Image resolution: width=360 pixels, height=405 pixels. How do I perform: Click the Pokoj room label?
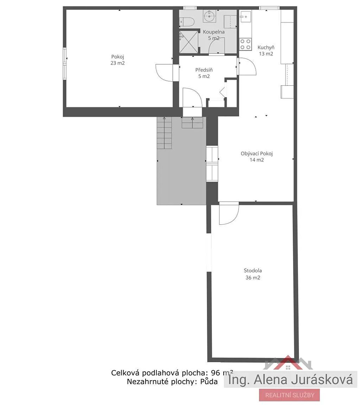pyautogui.click(x=117, y=57)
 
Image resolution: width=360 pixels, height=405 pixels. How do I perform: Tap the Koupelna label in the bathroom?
pyautogui.click(x=213, y=32)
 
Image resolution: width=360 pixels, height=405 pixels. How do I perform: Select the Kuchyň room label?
pyautogui.click(x=266, y=47)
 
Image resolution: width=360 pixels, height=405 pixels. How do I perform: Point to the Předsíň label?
pyautogui.click(x=204, y=70)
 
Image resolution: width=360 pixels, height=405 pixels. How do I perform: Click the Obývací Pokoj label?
pyautogui.click(x=257, y=154)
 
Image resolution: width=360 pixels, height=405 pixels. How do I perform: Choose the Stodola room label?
pyautogui.click(x=253, y=271)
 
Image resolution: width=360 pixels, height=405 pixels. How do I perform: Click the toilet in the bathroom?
pyautogui.click(x=187, y=22)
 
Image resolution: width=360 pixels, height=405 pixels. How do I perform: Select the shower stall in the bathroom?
pyautogui.click(x=189, y=42)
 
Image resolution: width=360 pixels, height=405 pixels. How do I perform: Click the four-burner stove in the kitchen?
pyautogui.click(x=245, y=44)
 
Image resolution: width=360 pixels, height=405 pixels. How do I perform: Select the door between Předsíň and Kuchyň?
pyautogui.click(x=247, y=66)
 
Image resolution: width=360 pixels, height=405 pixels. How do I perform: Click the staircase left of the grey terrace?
pyautogui.click(x=164, y=133)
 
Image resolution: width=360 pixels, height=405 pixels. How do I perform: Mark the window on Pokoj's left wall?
pyautogui.click(x=65, y=64)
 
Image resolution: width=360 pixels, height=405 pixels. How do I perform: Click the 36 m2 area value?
pyautogui.click(x=253, y=277)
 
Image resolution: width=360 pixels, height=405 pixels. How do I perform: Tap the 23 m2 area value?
pyautogui.click(x=117, y=63)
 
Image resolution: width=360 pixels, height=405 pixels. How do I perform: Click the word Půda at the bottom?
pyautogui.click(x=209, y=381)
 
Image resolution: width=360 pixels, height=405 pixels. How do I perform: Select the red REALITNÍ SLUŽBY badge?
pyautogui.click(x=289, y=395)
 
